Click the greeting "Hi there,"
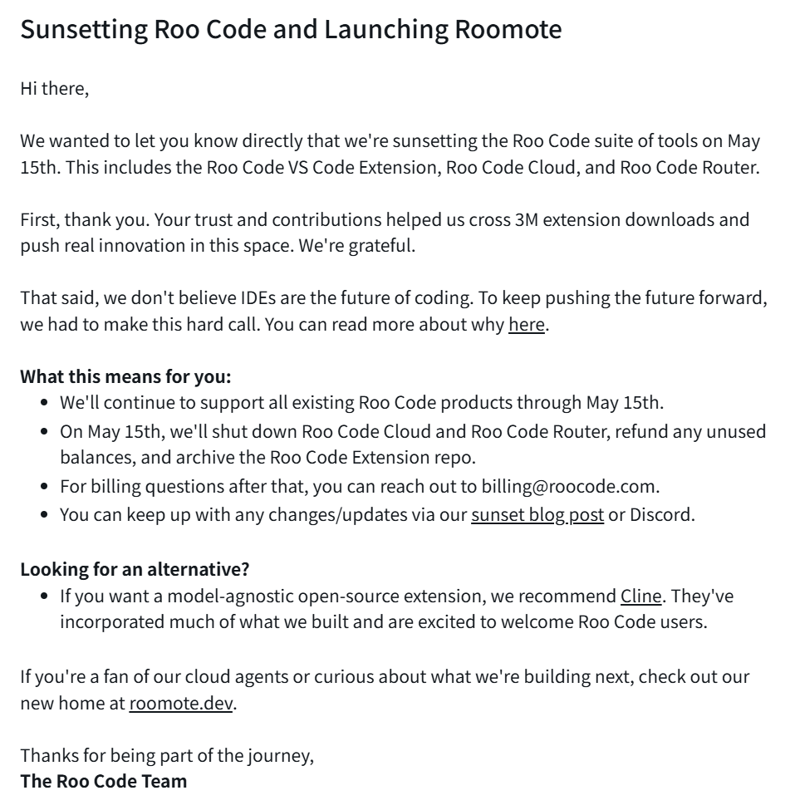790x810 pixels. coord(54,88)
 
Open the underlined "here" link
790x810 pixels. coord(526,323)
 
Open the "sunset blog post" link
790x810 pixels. coord(537,514)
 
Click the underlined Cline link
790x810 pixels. coord(641,596)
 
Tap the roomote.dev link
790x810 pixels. coord(182,704)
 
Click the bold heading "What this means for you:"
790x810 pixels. coord(125,376)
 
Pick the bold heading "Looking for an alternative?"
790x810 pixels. coord(135,569)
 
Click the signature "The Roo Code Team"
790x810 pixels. coord(104,781)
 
